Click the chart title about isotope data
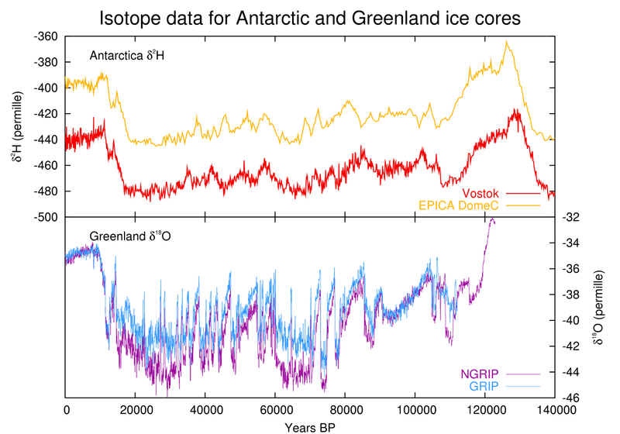[x=310, y=16]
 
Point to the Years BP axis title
[x=309, y=425]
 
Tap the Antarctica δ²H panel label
[x=128, y=56]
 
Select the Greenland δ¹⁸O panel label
[x=129, y=236]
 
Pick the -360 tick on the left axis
[x=46, y=36]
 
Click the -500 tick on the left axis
[x=46, y=218]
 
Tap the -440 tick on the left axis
[x=46, y=140]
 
